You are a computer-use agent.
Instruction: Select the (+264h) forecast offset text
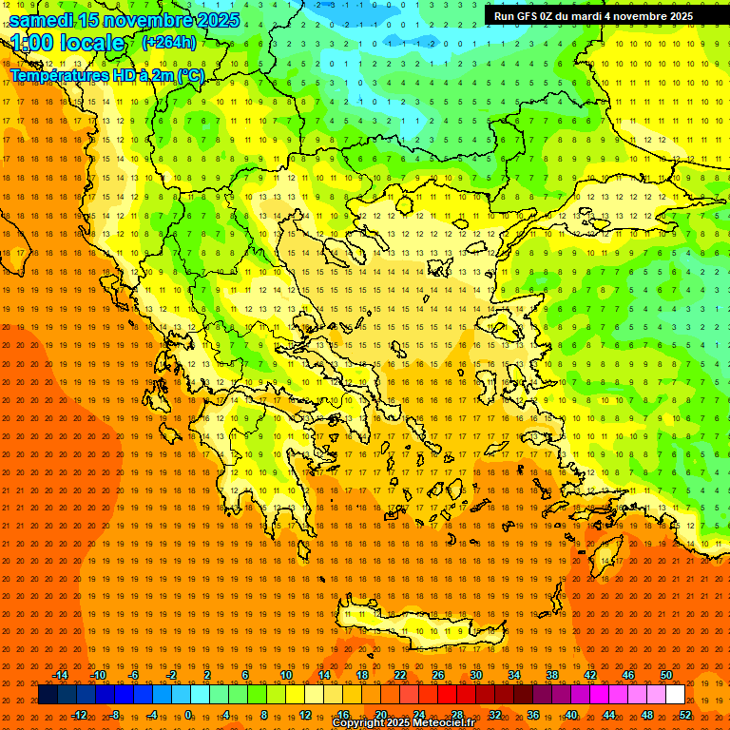(168, 43)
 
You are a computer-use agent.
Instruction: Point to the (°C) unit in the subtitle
(187, 75)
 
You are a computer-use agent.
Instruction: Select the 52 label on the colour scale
(685, 715)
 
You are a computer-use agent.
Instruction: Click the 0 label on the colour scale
(188, 715)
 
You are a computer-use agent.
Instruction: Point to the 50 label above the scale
(665, 675)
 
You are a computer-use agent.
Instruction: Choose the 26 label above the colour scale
(438, 675)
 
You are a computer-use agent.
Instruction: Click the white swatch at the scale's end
(675, 695)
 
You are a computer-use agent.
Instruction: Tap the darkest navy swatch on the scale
(48, 695)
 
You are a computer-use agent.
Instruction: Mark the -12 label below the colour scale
(79, 715)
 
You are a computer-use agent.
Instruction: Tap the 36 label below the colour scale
(533, 715)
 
